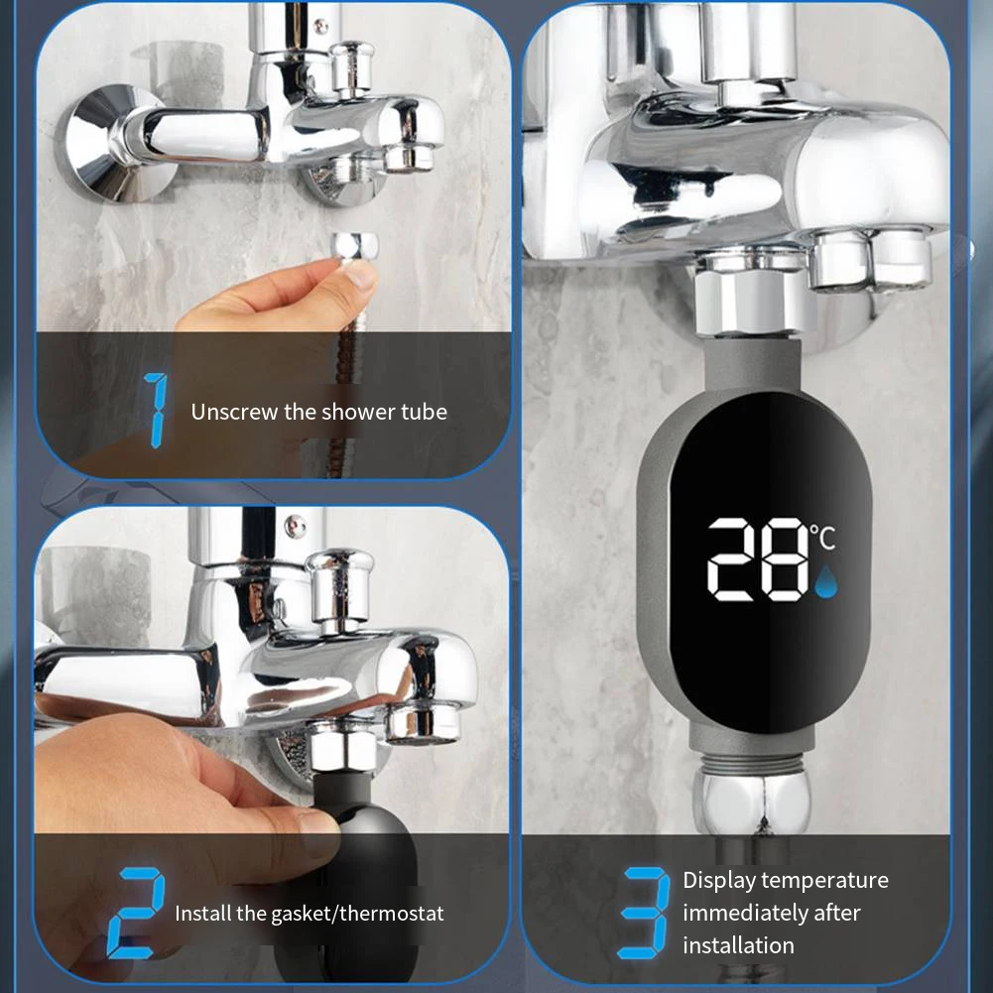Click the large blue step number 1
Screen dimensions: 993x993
click(x=156, y=409)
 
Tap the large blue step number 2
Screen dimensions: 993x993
click(x=135, y=911)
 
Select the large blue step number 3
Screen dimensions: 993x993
click(x=645, y=912)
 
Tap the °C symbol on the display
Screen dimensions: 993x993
click(x=823, y=539)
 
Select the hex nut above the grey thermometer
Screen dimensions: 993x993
click(x=746, y=298)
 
